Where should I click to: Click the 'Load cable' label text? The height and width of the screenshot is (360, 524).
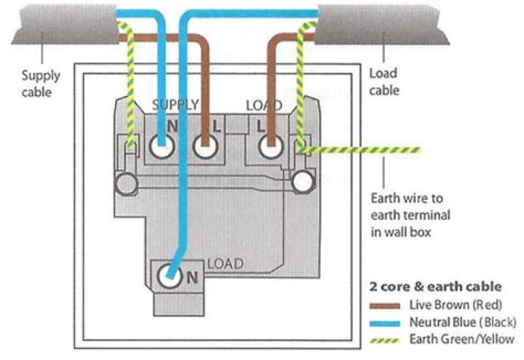tap(384, 81)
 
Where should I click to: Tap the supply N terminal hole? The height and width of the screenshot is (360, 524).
tap(161, 148)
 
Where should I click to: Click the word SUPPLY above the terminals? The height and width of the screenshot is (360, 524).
tap(175, 105)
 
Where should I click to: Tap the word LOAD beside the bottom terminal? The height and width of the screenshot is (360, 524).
tap(225, 263)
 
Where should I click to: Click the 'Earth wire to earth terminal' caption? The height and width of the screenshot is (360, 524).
tap(411, 215)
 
